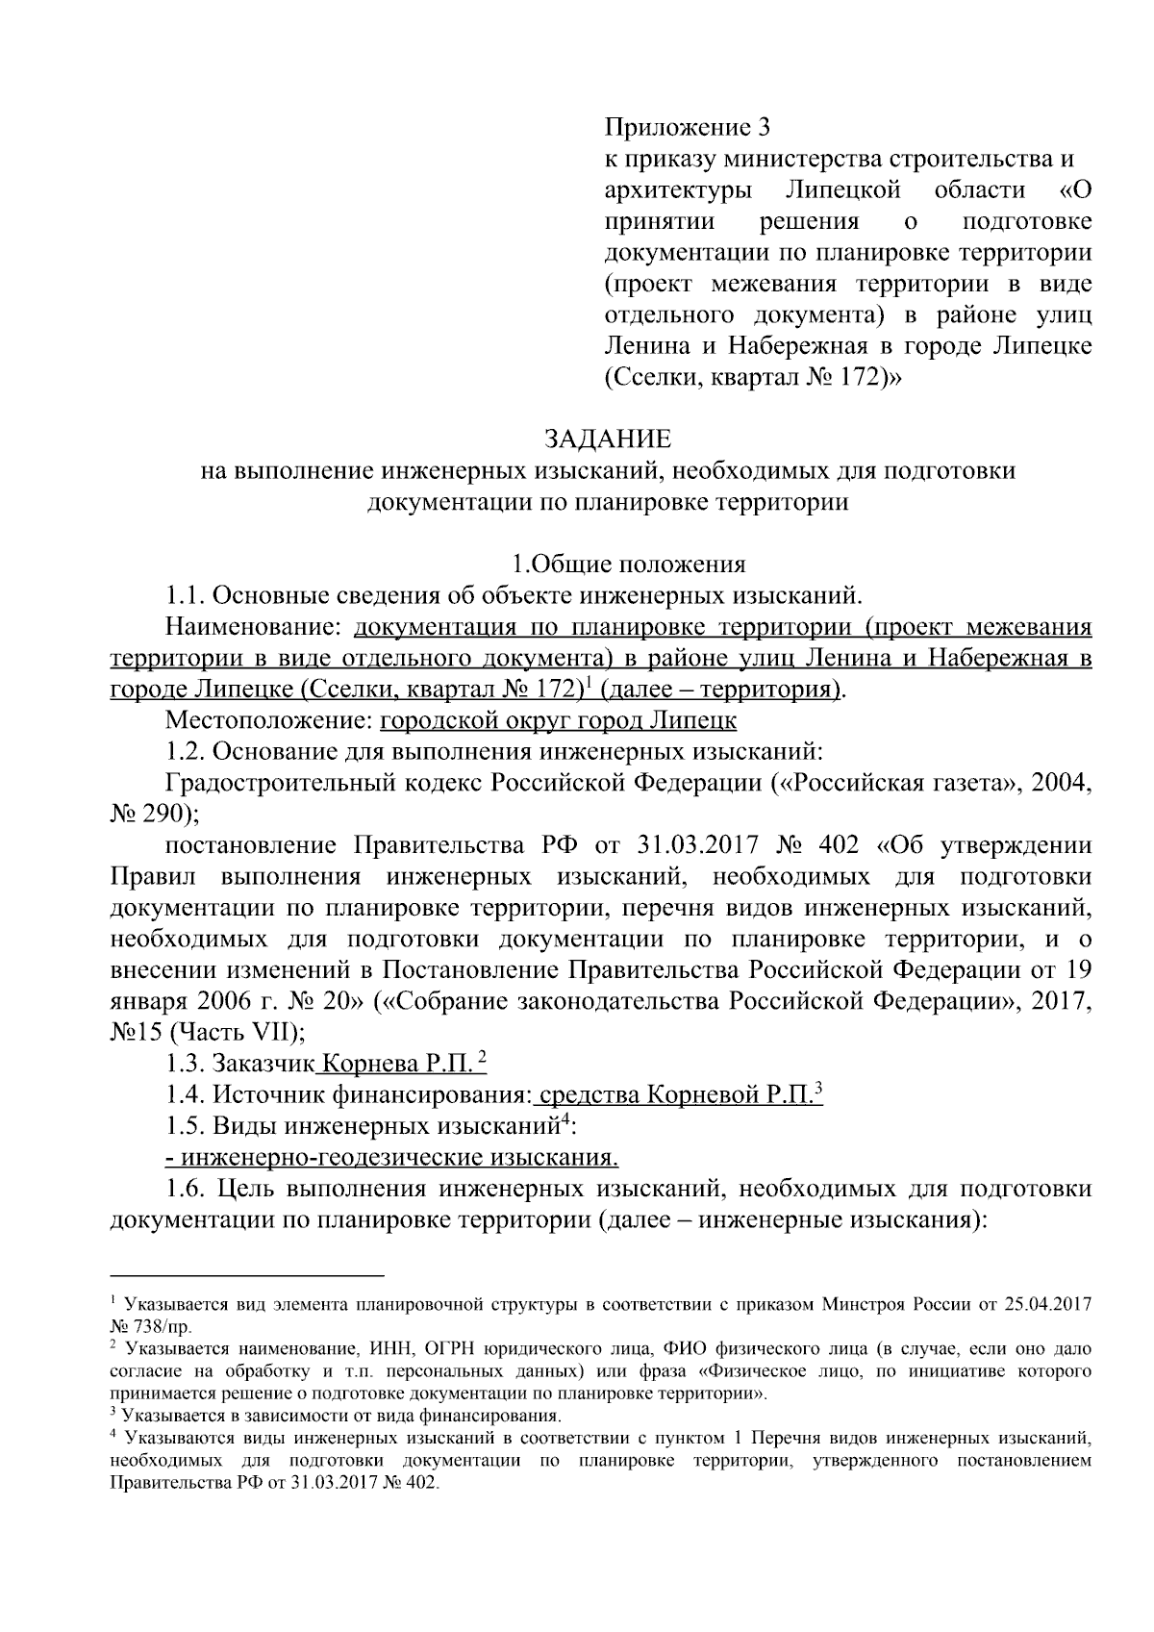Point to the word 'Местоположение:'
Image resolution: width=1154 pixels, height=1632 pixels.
268,720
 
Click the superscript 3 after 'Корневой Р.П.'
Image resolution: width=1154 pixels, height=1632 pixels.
818,1088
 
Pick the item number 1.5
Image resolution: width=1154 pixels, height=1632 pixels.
185,1124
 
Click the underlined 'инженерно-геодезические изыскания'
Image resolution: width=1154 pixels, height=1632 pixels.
391,1156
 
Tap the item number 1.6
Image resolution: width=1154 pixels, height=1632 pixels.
185,1188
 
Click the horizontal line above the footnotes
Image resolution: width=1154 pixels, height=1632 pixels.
247,1275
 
